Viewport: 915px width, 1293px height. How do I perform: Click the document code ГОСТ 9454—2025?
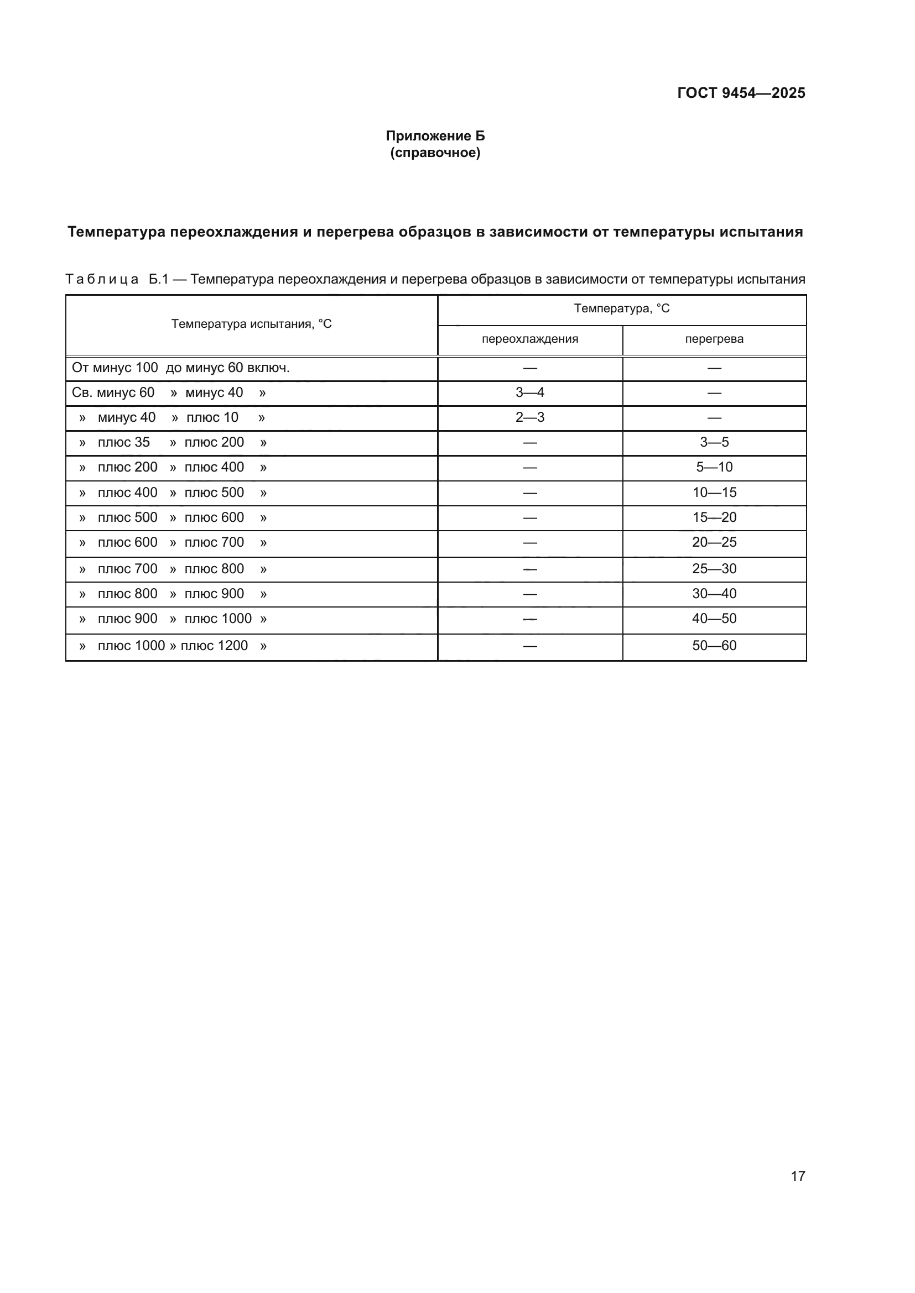click(x=741, y=93)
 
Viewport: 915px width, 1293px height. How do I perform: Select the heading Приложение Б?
click(x=435, y=136)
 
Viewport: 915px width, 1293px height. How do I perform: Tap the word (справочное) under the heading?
click(x=435, y=153)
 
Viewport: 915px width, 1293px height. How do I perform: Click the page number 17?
click(x=798, y=1176)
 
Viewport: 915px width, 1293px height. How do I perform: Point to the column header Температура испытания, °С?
click(x=251, y=324)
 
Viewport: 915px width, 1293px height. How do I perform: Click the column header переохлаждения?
click(x=529, y=339)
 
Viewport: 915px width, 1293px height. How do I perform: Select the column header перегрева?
click(x=714, y=339)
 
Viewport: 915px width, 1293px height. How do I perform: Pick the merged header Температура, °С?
click(x=621, y=308)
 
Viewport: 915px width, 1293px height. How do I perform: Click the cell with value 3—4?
click(x=529, y=392)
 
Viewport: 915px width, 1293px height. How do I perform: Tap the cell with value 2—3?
click(x=529, y=417)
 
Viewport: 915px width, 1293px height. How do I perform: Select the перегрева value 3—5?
click(x=714, y=442)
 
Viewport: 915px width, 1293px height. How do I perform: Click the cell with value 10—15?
click(x=714, y=492)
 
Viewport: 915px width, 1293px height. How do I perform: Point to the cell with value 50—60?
click(x=714, y=645)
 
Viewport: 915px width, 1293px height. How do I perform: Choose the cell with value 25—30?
click(x=714, y=569)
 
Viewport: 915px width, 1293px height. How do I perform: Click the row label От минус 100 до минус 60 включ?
click(x=180, y=368)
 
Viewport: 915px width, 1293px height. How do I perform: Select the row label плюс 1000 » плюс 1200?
click(x=173, y=645)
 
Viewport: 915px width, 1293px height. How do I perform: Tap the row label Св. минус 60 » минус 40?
click(x=169, y=392)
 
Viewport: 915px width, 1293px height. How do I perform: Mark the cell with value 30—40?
click(x=714, y=594)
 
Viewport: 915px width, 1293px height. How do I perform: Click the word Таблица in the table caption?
click(x=102, y=279)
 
